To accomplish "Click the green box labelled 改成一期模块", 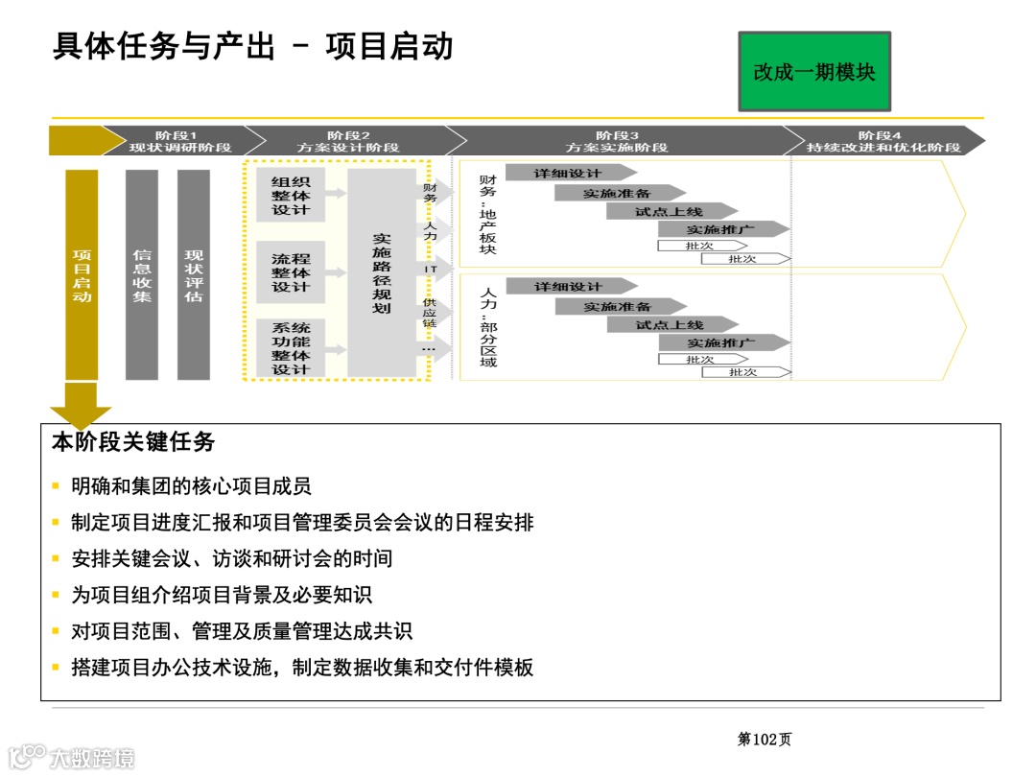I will [813, 71].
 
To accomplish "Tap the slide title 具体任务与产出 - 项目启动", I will [252, 47].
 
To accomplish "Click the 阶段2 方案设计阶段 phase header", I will [347, 141].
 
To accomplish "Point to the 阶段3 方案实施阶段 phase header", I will [616, 141].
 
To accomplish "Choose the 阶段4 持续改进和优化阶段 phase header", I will [883, 141].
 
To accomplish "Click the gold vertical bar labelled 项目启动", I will [82, 275].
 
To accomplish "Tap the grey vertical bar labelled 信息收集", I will [142, 275].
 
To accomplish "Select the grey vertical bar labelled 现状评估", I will [194, 275].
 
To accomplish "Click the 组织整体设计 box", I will [291, 196].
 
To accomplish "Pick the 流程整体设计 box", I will [291, 272].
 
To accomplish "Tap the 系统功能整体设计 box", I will [291, 348].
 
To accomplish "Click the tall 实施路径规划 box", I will [382, 273].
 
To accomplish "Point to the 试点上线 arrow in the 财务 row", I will [671, 211].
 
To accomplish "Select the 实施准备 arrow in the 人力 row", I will [619, 307].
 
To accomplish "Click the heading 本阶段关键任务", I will [133, 442].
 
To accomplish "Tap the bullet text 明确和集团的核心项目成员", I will [191, 486].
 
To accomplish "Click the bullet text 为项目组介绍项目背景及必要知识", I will [221, 596].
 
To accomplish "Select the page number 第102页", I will [764, 739].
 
